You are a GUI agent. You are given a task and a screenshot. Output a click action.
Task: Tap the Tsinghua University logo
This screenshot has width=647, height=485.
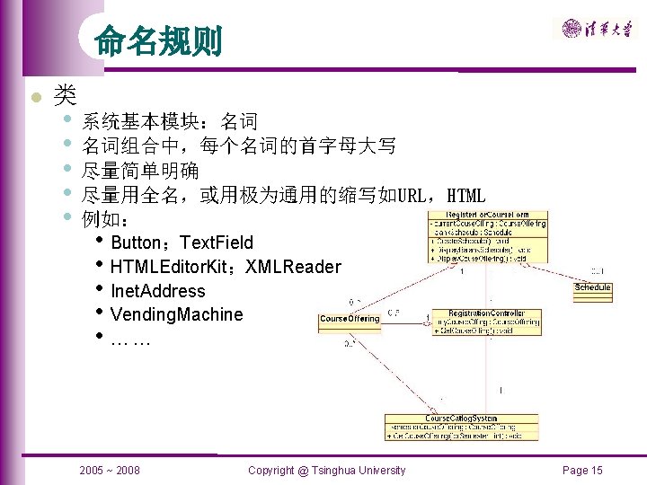[x=597, y=29]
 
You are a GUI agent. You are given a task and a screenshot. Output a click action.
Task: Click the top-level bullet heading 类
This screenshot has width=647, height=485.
[x=64, y=93]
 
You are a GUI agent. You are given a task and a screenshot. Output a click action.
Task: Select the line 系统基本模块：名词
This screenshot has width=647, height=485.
[x=170, y=121]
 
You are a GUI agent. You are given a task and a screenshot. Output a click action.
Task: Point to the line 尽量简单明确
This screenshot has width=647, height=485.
[x=140, y=170]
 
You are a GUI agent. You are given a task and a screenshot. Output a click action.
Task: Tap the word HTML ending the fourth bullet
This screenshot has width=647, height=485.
[x=465, y=195]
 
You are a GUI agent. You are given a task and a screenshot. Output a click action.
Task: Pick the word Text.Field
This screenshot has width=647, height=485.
[x=217, y=242]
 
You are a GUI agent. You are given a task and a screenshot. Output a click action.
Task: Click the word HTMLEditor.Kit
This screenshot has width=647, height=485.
[x=167, y=267]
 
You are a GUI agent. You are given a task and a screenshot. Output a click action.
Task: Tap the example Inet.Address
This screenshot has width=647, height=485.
[x=157, y=291]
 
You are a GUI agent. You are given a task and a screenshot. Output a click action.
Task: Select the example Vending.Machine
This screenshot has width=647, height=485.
[x=176, y=314]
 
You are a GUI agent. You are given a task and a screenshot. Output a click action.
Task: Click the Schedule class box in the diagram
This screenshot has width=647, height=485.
[x=592, y=287]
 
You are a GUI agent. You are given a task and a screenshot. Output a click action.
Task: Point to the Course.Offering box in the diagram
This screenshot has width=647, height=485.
[x=350, y=319]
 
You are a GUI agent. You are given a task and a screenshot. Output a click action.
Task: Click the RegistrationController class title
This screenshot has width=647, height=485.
[x=485, y=313]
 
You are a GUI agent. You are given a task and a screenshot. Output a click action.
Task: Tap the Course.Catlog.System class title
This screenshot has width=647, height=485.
[x=462, y=419]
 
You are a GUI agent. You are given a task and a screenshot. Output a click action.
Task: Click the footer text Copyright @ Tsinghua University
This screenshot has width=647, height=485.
[x=326, y=470]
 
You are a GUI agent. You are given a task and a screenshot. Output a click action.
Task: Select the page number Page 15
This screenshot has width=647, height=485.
[x=582, y=470]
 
